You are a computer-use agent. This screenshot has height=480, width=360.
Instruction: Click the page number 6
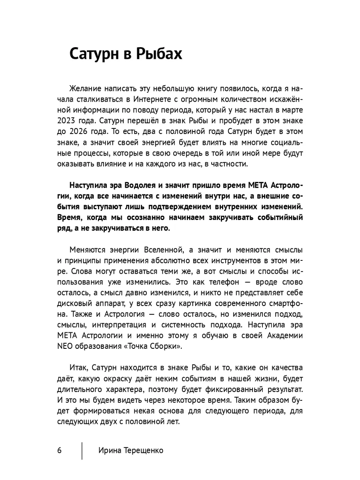[x=60, y=450]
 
